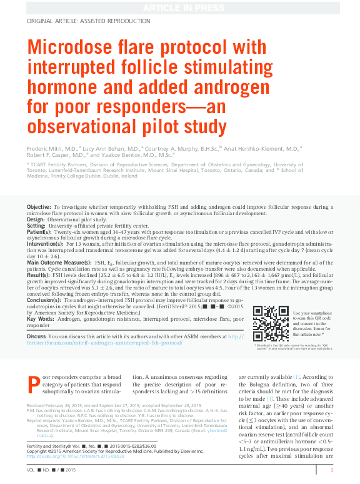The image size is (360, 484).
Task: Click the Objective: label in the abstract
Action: pos(39,206)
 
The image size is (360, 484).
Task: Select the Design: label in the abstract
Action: pos(36,219)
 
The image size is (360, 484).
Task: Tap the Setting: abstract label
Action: pos(36,226)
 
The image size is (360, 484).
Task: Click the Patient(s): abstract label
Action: pos(39,232)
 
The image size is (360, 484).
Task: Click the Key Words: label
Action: pos(41,320)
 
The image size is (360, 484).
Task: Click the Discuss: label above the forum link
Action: pos(37,336)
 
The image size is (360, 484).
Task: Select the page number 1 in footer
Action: pos(331,470)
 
